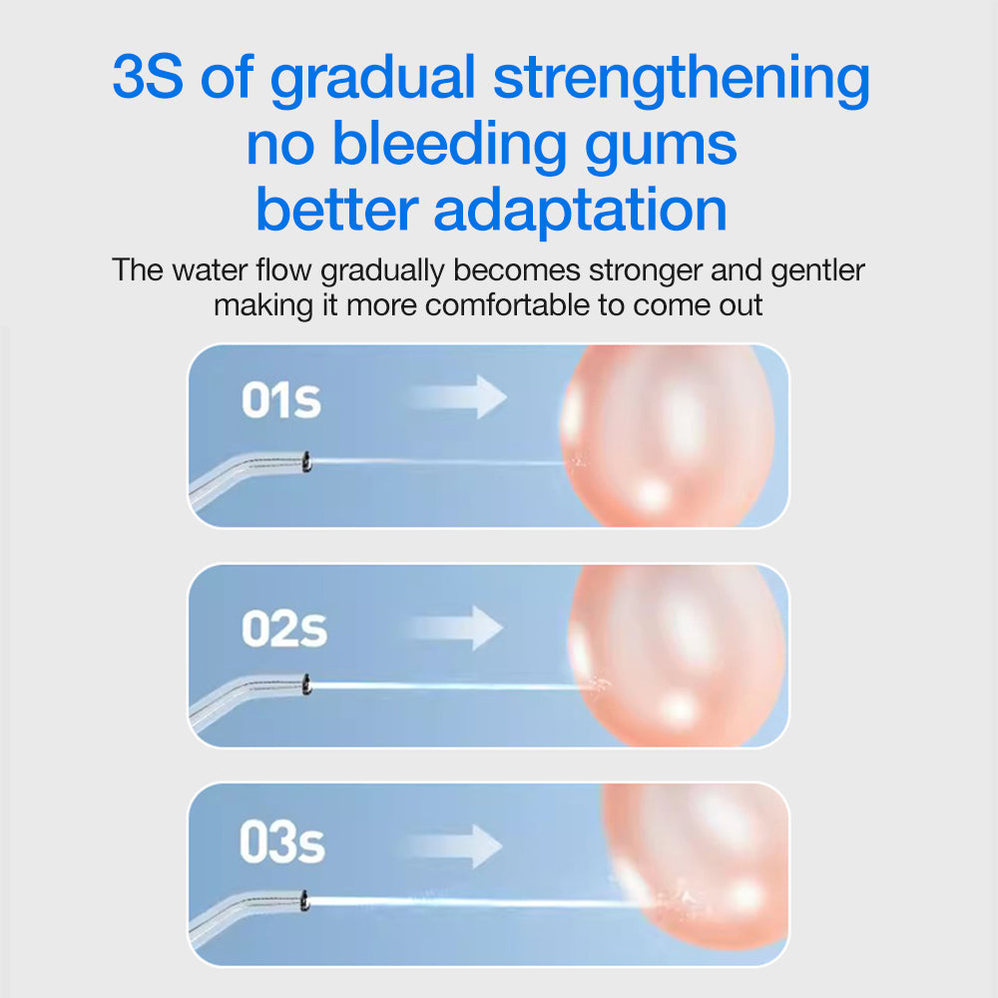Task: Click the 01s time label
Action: pyautogui.click(x=280, y=400)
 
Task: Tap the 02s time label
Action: pyautogui.click(x=283, y=629)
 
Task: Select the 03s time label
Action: pyautogui.click(x=281, y=844)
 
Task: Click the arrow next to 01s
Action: pyautogui.click(x=457, y=396)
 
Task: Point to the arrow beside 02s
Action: pyautogui.click(x=457, y=628)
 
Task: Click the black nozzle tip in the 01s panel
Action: pyautogui.click(x=306, y=462)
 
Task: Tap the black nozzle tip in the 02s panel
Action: pyautogui.click(x=306, y=685)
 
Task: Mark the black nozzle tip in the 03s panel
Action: pyautogui.click(x=304, y=901)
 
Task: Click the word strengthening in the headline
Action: pyautogui.click(x=682, y=80)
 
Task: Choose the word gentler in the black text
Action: pyautogui.click(x=817, y=270)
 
